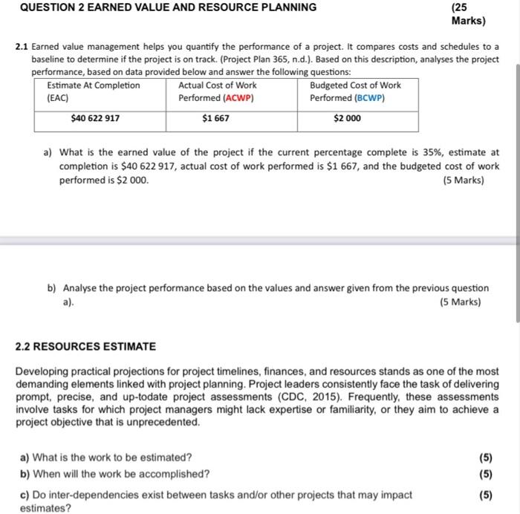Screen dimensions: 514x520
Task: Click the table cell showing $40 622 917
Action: (x=95, y=118)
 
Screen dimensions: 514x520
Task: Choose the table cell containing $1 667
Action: (x=215, y=118)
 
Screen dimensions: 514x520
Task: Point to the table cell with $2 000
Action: (x=347, y=118)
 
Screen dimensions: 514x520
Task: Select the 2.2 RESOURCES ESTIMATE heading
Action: (x=85, y=346)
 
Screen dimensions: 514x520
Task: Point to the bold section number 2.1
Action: (x=22, y=47)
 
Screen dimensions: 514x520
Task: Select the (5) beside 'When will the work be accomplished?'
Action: (x=486, y=474)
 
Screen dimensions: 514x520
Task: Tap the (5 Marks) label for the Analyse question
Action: (x=460, y=302)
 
